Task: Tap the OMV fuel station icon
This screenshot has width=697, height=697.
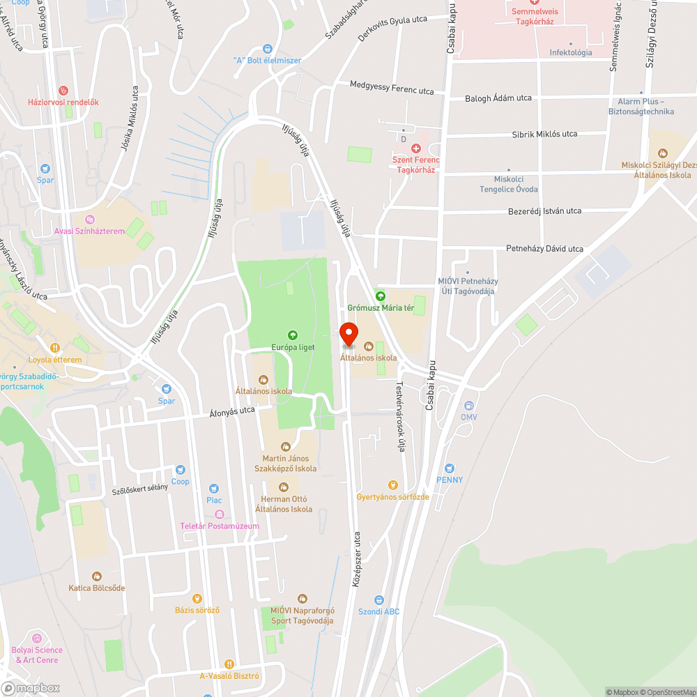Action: [468, 406]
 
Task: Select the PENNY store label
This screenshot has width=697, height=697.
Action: [450, 480]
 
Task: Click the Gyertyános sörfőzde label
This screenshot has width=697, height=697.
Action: [392, 497]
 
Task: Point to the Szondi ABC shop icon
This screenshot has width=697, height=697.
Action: [379, 599]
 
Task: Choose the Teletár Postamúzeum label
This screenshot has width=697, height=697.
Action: [220, 526]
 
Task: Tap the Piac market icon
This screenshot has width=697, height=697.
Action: [214, 489]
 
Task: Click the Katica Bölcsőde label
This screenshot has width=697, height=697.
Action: [97, 588]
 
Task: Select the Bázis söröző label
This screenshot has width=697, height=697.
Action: [197, 610]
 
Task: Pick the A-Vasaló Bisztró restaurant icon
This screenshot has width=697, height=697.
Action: [229, 664]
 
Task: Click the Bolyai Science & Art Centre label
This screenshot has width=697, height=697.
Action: [35, 655]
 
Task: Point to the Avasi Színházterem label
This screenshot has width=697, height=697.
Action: [89, 231]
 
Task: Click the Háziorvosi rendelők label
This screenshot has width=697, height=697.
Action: [63, 102]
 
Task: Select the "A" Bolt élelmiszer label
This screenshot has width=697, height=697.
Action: [268, 60]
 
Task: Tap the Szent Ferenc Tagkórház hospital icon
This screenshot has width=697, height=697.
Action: [416, 148]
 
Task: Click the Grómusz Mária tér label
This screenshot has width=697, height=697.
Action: [381, 307]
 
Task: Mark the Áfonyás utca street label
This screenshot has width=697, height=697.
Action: [232, 413]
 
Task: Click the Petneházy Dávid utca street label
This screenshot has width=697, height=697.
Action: [544, 249]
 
